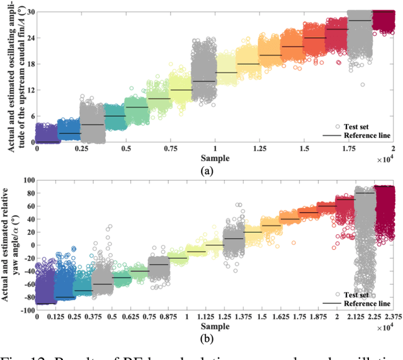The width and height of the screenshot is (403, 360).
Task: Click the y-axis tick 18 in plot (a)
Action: pyautogui.click(x=29, y=64)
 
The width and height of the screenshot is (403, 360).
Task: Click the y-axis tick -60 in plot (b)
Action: pyautogui.click(x=26, y=284)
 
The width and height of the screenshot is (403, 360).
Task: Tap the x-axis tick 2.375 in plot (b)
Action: pyautogui.click(x=393, y=317)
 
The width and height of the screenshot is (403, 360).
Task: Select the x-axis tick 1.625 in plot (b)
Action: pyautogui.click(x=290, y=317)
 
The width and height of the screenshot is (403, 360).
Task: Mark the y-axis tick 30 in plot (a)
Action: pyautogui.click(x=29, y=12)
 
